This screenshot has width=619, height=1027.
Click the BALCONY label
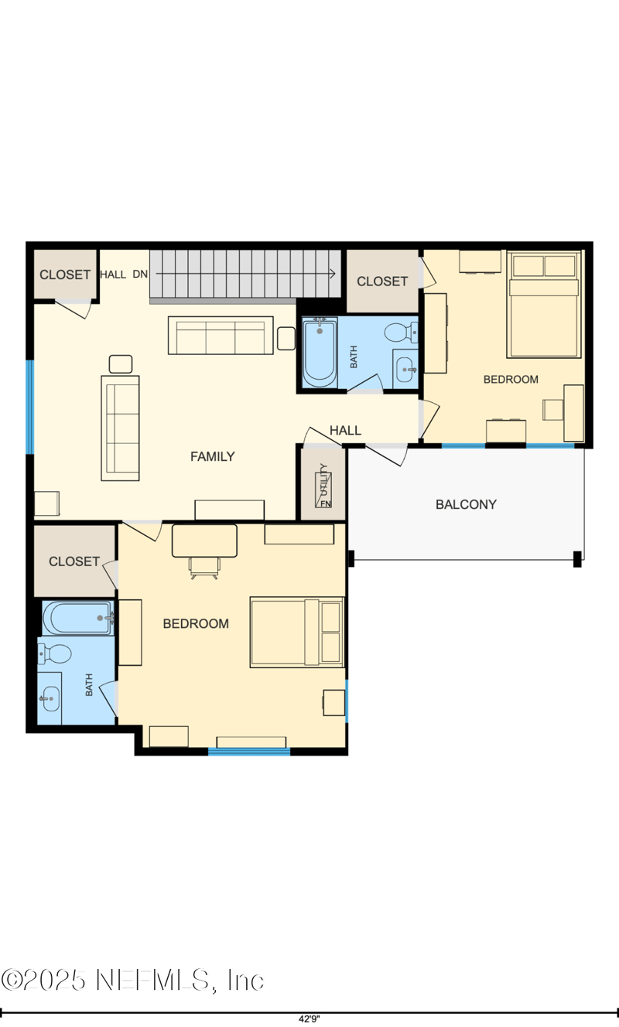click(466, 504)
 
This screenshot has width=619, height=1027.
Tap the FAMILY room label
click(213, 456)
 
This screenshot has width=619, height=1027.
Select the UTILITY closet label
click(324, 479)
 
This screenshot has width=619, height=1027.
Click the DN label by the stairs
click(140, 275)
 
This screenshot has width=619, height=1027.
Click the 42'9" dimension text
click(309, 1018)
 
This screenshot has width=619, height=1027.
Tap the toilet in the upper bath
click(401, 332)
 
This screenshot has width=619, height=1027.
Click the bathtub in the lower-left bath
click(78, 618)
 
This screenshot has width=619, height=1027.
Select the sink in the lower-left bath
click(50, 699)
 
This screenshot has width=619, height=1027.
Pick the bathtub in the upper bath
click(320, 352)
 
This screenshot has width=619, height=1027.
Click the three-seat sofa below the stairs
click(221, 335)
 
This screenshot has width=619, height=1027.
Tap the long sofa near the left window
click(120, 428)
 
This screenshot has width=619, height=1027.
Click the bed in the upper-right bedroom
click(544, 304)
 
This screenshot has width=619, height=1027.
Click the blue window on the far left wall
click(30, 407)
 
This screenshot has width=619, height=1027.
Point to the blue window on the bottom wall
click(249, 752)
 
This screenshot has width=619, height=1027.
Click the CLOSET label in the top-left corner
click(65, 275)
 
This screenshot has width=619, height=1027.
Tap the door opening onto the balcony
click(386, 454)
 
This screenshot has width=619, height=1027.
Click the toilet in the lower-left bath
click(55, 653)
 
